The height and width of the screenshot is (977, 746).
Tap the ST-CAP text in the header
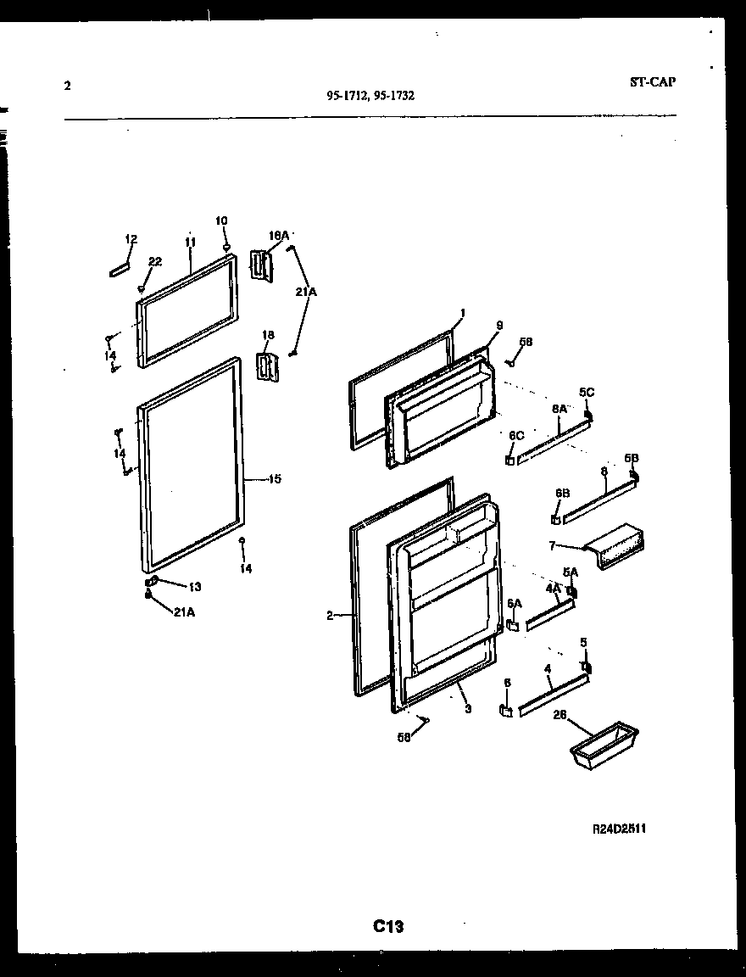tap(653, 82)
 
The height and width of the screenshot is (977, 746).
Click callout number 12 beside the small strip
tap(131, 239)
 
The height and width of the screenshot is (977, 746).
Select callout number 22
tap(155, 261)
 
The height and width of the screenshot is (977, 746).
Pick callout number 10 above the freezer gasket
tap(221, 221)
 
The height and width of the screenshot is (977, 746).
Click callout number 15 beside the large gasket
tap(275, 479)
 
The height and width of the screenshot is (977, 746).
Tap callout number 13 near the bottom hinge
tap(195, 587)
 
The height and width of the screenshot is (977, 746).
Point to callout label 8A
tap(559, 409)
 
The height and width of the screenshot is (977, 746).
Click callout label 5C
tap(587, 392)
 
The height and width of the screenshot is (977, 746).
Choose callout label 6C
tap(516, 435)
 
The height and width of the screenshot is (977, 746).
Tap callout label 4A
tap(554, 588)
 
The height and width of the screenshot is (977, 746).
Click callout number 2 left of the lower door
tap(330, 617)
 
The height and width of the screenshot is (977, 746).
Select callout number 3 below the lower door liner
tap(467, 708)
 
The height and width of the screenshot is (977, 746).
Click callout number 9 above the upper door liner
tap(499, 325)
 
